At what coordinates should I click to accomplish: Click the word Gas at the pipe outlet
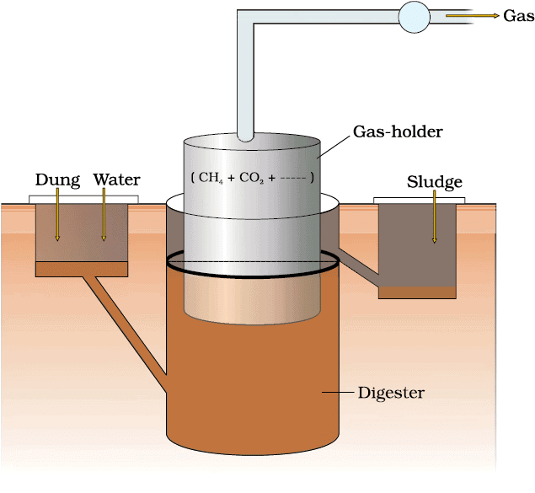[x=517, y=16]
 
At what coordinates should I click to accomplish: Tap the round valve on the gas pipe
[x=414, y=17]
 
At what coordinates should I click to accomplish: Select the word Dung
[x=57, y=180]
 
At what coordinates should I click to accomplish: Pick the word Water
[x=116, y=180]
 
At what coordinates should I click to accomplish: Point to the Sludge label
[x=434, y=182]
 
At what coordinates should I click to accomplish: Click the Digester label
[x=391, y=393]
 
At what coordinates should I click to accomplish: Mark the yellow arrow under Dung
[x=58, y=215]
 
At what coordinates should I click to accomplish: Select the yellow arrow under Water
[x=104, y=215]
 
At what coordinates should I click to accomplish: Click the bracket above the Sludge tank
[x=419, y=199]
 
